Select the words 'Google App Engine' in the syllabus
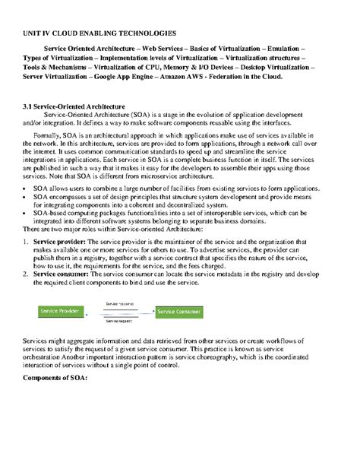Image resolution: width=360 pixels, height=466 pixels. point(141,77)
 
